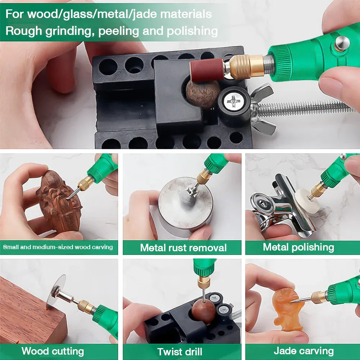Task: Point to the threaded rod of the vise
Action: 306,108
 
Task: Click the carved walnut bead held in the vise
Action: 203,94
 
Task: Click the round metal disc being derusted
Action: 185,203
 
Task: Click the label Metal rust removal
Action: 183,248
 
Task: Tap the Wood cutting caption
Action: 53,351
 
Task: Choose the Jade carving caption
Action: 303,351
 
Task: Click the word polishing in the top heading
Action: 192,31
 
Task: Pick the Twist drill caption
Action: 180,352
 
